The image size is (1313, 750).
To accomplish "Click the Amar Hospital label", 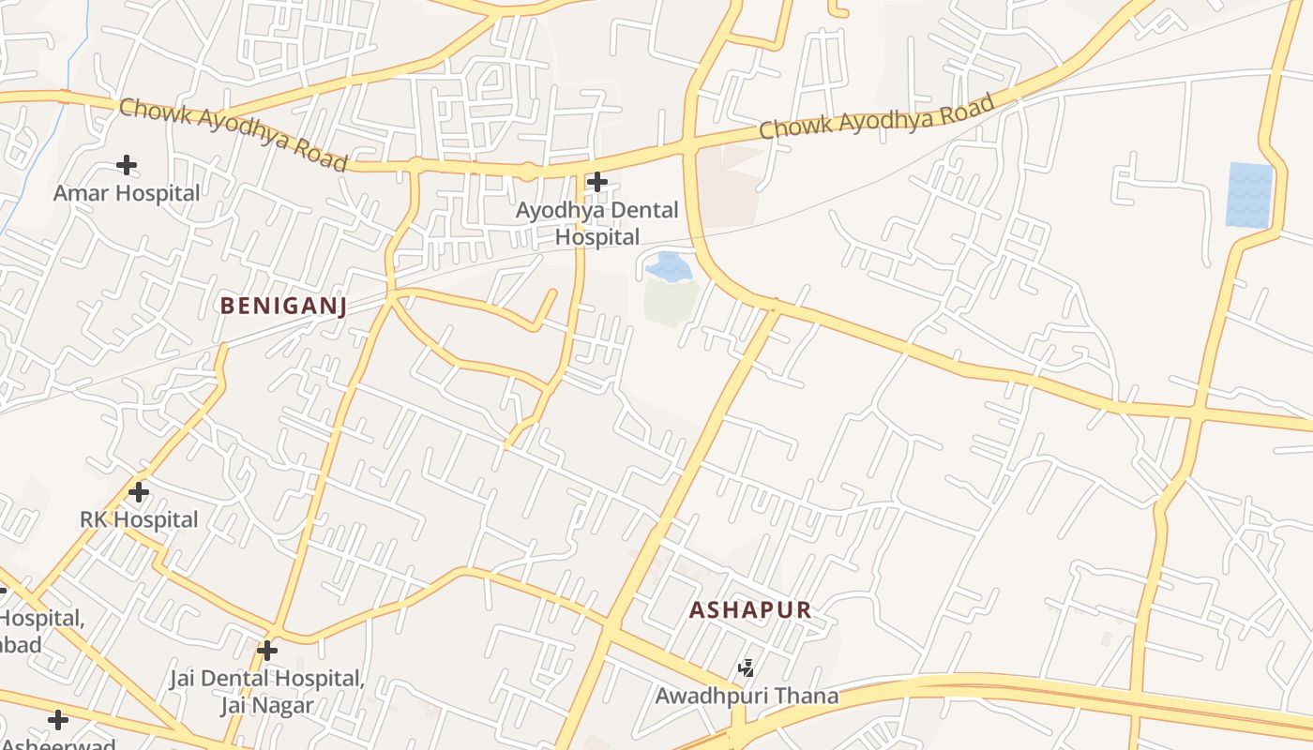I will (127, 194).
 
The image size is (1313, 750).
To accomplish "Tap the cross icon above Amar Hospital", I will (127, 166).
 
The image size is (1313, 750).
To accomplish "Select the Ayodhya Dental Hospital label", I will (596, 223).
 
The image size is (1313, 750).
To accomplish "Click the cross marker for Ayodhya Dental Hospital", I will (597, 182).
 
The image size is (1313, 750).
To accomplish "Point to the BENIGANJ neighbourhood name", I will (283, 306).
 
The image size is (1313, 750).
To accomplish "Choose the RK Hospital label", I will (139, 520).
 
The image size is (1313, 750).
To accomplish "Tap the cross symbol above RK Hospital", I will (139, 491).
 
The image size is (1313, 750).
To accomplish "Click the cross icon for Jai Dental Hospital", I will (267, 650).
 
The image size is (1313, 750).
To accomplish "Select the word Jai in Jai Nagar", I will (235, 705).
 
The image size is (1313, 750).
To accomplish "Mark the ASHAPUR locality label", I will (750, 610).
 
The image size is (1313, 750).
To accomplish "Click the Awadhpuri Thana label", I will (747, 697).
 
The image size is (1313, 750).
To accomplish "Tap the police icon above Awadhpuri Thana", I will (747, 668).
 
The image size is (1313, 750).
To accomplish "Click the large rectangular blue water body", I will (1249, 195).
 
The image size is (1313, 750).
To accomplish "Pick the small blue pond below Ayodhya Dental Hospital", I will (669, 267).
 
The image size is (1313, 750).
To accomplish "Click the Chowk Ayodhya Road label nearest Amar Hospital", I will (234, 134).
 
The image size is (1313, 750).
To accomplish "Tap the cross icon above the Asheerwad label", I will (58, 720).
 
